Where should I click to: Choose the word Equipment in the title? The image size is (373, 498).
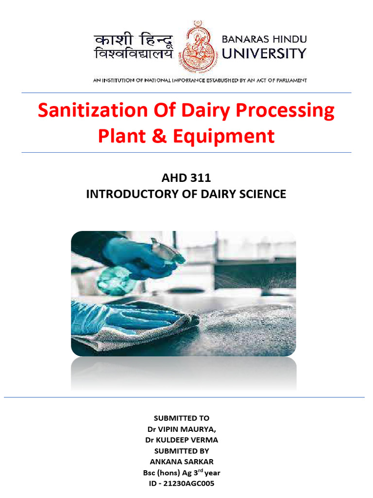[x=227, y=137]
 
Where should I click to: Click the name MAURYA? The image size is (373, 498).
[x=198, y=429]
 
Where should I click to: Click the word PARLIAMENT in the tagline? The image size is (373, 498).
[x=288, y=80]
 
